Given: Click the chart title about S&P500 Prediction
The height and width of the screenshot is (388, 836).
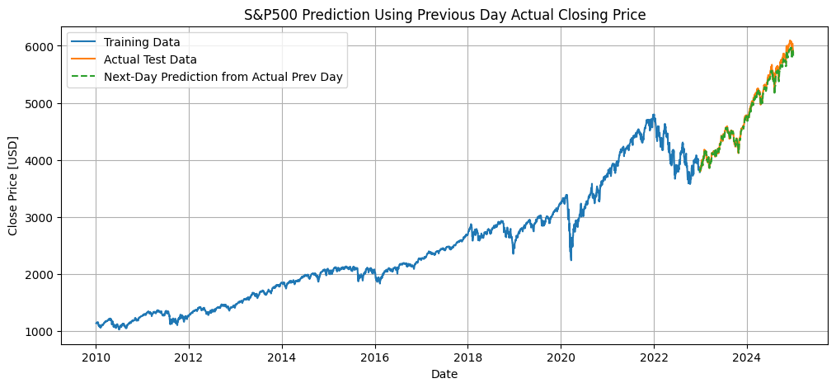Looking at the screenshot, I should [445, 14].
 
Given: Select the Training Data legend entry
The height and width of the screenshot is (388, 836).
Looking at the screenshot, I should [142, 41].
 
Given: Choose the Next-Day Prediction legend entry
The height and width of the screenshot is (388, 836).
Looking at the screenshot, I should [223, 78].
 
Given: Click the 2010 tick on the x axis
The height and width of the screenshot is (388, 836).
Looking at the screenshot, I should [96, 358].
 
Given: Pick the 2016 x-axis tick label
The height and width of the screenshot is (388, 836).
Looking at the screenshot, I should [375, 358].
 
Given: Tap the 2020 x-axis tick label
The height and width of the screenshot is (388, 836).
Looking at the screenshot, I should [561, 358].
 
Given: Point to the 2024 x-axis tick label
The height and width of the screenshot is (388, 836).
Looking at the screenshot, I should [747, 358].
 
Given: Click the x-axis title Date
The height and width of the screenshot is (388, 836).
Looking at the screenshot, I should [444, 374].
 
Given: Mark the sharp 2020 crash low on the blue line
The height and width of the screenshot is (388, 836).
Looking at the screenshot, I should [571, 260].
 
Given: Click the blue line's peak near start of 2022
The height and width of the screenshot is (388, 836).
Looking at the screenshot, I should [654, 115].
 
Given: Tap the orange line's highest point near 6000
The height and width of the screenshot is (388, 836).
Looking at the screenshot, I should [790, 40].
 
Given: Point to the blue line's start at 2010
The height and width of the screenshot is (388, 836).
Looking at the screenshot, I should [96, 324].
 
